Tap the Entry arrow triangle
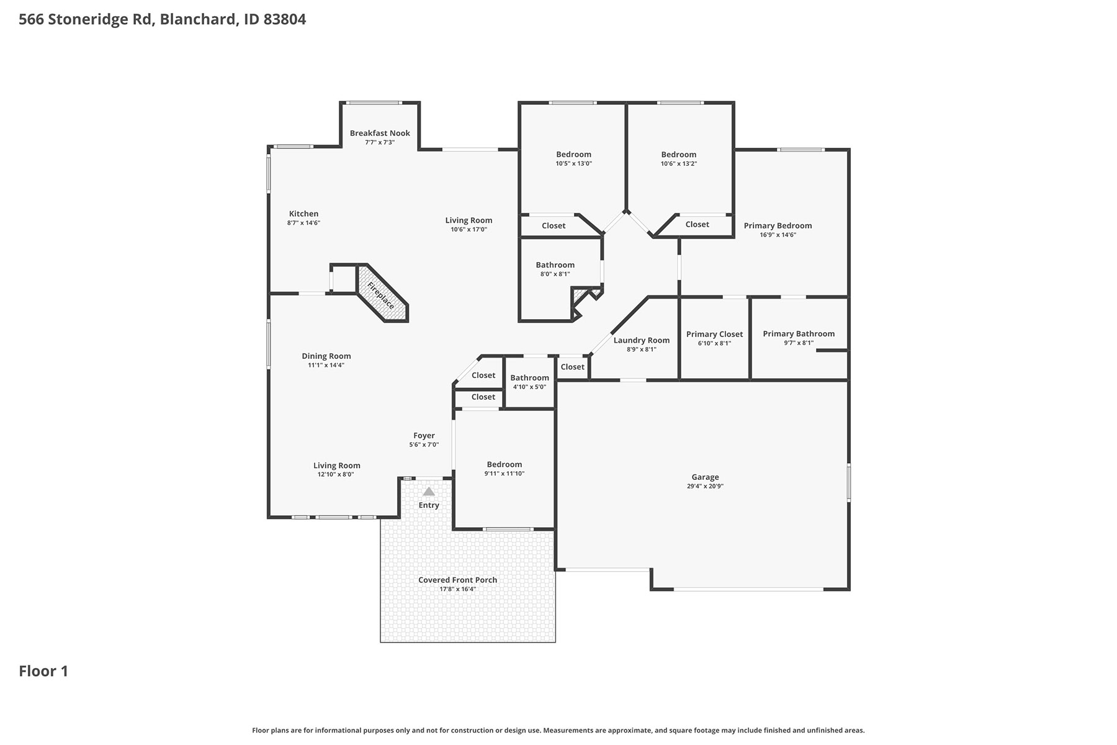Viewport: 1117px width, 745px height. point(429,491)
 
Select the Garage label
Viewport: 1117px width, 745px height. point(705,477)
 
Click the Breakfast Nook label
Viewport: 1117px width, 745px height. point(380,133)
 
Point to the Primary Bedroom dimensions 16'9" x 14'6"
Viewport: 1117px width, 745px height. point(778,235)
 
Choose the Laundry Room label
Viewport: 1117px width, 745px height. point(642,340)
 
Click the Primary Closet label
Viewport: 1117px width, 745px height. point(714,334)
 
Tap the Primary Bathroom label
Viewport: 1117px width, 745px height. point(799,333)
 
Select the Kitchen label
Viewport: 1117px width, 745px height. point(303,214)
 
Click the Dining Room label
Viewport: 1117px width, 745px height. point(326,356)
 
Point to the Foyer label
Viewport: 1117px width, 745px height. point(424,435)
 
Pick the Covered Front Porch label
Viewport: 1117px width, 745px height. point(457,580)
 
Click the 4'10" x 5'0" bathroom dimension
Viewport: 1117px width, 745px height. point(529,387)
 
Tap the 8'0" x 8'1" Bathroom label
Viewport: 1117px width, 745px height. point(555,264)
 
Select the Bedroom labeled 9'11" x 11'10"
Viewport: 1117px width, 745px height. point(505,464)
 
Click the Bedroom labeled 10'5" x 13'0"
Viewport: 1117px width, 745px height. point(573,155)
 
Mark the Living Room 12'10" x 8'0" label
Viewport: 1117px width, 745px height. point(336,466)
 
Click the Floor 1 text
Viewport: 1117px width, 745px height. point(43,671)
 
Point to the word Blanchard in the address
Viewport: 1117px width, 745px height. point(199,19)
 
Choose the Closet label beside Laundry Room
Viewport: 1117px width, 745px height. point(572,367)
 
